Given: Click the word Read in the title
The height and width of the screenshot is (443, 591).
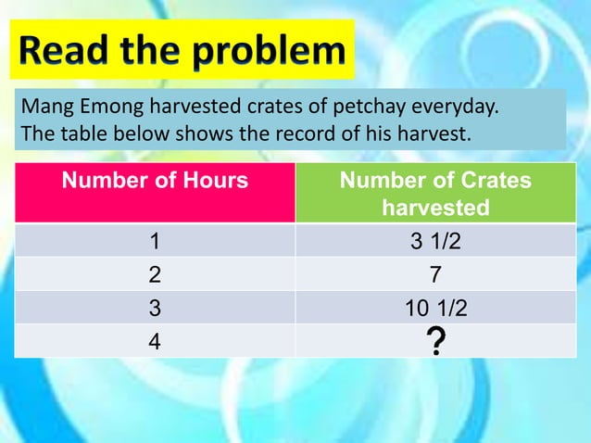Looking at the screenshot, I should click(67, 51).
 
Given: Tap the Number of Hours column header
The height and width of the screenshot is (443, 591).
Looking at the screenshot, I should click(155, 180).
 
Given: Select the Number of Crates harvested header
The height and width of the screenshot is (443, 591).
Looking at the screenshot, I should click(435, 194).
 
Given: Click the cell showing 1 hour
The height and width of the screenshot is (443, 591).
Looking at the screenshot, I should click(155, 242).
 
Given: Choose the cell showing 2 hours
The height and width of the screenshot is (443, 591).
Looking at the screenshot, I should click(155, 275).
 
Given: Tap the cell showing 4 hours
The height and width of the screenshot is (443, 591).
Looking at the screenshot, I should click(155, 341).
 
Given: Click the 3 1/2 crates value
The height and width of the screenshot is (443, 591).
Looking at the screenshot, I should click(435, 242).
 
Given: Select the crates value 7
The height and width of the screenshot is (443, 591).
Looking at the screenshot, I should click(435, 275).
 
